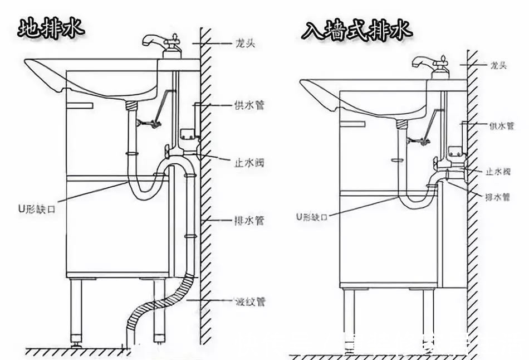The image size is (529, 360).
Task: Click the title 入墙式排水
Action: click(x=357, y=30)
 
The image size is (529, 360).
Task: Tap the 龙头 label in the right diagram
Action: click(x=498, y=66)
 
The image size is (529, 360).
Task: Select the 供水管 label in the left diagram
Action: click(x=249, y=105)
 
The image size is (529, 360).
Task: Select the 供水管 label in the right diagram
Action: click(x=502, y=127)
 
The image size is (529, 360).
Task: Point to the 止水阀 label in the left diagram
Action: click(x=248, y=162)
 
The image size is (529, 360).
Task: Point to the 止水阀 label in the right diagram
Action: click(x=499, y=172)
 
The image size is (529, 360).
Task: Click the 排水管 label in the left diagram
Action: click(x=248, y=221)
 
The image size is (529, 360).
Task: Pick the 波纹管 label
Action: click(x=249, y=302)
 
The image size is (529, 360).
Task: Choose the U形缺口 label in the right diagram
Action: click(x=312, y=216)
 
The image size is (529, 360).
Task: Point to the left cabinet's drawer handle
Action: click(x=79, y=105)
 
